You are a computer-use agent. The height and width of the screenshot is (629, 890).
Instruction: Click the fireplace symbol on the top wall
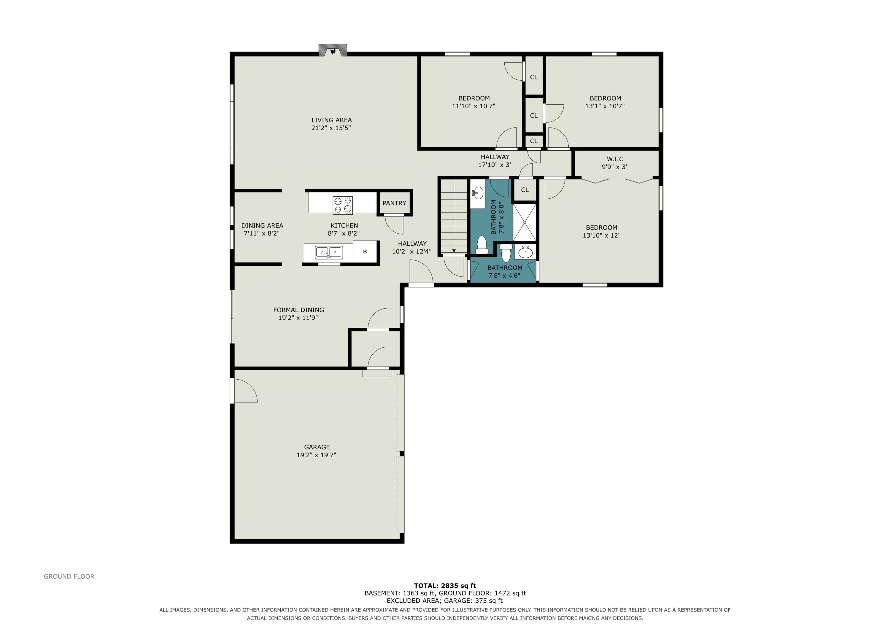tap(333, 50)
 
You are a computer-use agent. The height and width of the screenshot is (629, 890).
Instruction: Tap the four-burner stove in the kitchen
tap(343, 205)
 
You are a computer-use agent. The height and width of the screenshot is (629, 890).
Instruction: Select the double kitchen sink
tap(329, 253)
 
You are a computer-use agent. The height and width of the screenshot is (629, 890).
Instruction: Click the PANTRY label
tap(394, 203)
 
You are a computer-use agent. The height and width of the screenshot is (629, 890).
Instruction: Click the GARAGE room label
tap(317, 447)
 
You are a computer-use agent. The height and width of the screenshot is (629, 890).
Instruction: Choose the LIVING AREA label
tap(331, 120)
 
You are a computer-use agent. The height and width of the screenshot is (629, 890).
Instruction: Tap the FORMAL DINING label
tap(298, 310)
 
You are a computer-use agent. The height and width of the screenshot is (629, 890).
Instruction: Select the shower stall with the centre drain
tap(525, 222)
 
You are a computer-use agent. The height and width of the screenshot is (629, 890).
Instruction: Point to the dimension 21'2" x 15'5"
tap(331, 128)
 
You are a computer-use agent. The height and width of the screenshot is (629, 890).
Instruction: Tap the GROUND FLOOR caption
tap(69, 576)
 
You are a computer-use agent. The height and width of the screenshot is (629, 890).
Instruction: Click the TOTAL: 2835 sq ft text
tap(445, 586)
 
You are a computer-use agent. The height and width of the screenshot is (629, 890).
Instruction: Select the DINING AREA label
tap(262, 226)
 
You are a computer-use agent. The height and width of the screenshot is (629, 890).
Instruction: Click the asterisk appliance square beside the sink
tap(365, 252)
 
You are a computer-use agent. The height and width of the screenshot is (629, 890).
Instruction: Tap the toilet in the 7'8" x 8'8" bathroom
tap(482, 245)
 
